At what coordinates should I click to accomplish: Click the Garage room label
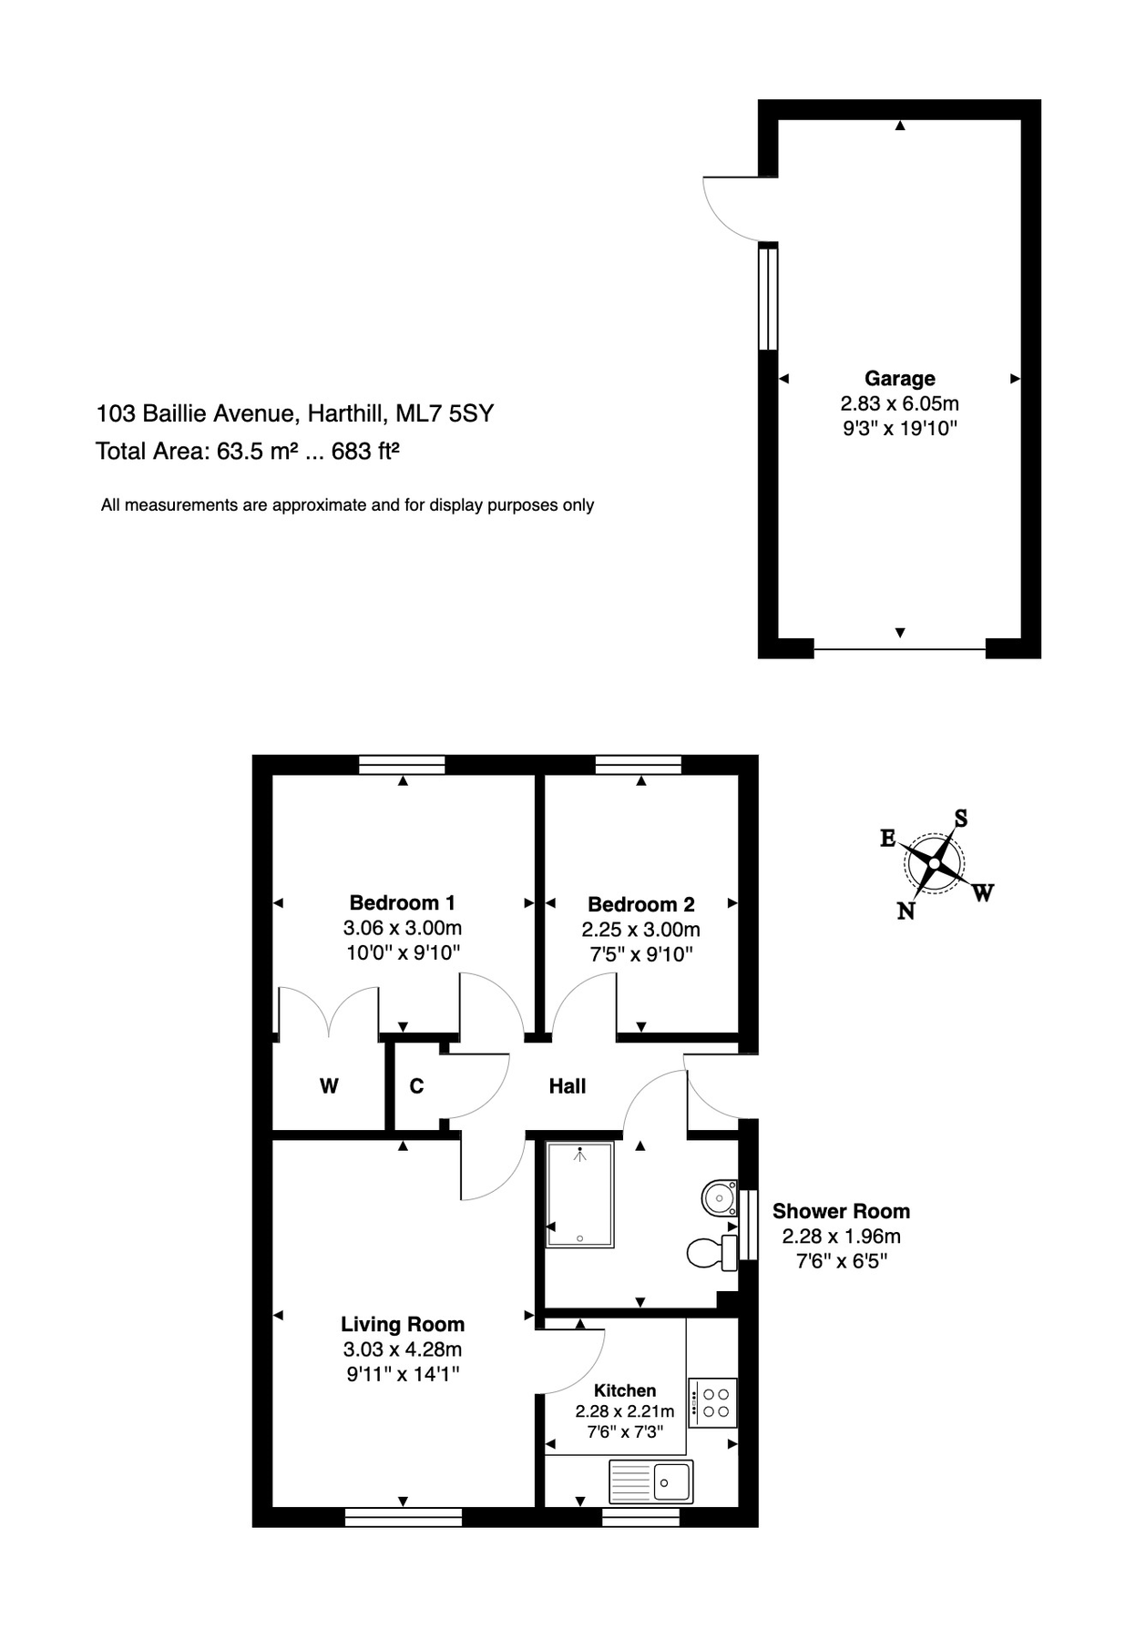[899, 378]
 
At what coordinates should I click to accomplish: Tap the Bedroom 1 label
[402, 902]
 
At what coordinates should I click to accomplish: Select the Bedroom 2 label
[640, 904]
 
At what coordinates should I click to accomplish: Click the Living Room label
[403, 1324]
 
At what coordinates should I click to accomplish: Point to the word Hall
[567, 1085]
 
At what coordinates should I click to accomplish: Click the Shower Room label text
[841, 1211]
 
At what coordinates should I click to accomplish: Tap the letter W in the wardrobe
[329, 1085]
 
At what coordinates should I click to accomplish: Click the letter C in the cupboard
[416, 1085]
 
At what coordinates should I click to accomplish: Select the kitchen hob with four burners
[712, 1402]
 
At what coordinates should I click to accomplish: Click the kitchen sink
[650, 1481]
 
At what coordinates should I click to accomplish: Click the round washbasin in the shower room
[720, 1197]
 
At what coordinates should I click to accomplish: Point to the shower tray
[580, 1195]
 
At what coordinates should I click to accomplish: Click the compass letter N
[906, 911]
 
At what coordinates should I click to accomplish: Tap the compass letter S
[960, 818]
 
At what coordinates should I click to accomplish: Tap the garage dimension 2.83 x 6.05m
[899, 403]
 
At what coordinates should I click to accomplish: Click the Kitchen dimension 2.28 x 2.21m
[624, 1411]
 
